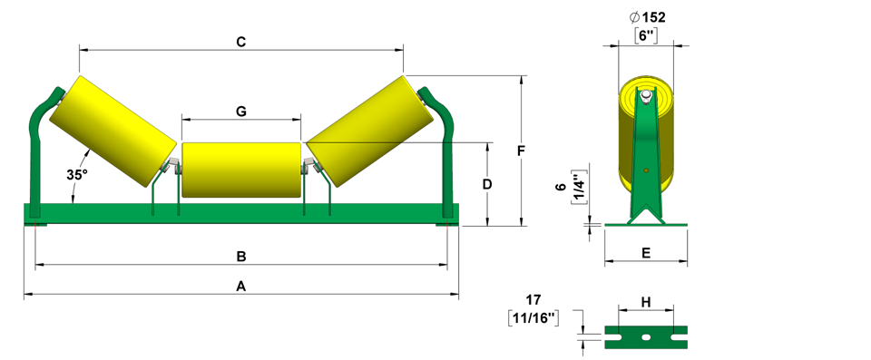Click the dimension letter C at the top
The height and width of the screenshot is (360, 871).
241,43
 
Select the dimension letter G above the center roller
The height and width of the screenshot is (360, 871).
241,112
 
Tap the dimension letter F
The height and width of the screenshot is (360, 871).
521,151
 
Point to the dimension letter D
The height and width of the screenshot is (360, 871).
486,184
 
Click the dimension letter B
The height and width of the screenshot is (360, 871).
241,257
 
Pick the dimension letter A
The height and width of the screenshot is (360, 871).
241,287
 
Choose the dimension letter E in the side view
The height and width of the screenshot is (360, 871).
646,253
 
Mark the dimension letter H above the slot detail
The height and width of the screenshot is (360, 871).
645,302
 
